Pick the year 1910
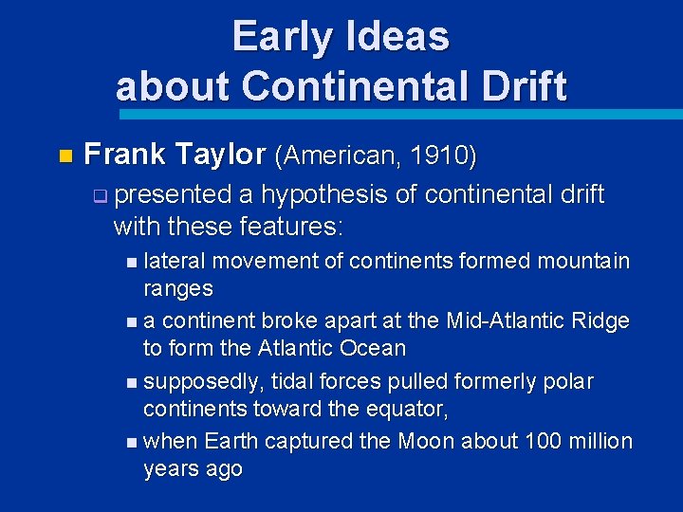(x=447, y=154)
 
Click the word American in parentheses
(x=342, y=154)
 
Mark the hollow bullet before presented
(x=100, y=197)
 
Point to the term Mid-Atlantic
(x=508, y=321)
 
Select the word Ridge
(x=600, y=321)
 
